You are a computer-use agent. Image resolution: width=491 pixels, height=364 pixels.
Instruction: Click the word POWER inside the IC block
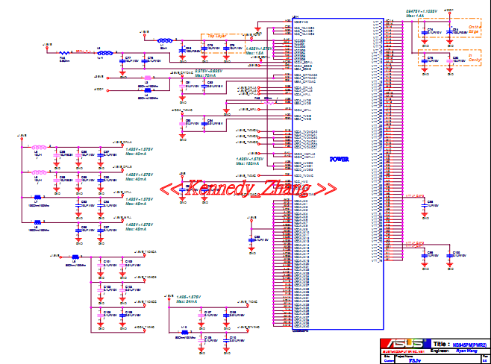click(339, 160)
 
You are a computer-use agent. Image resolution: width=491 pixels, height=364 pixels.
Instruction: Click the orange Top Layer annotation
click(217, 35)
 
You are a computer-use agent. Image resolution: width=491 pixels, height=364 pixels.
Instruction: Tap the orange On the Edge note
click(475, 29)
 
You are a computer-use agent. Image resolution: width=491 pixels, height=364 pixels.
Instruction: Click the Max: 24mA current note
click(187, 301)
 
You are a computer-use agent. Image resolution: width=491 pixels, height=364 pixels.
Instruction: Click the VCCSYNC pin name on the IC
click(303, 22)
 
